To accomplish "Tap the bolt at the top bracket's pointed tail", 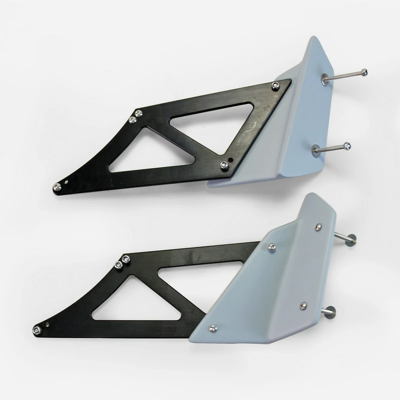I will tap(57, 186).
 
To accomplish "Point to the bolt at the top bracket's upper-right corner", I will tap(275, 86).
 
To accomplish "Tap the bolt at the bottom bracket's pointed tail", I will tap(36, 329).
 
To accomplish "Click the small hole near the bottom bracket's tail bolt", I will tap(46, 325).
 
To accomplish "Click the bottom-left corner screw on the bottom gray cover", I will tap(213, 328).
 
